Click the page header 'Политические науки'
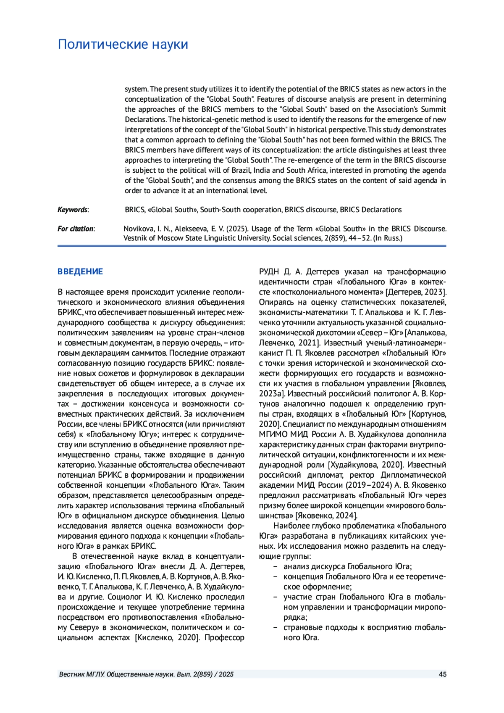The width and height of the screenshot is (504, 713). coord(123,45)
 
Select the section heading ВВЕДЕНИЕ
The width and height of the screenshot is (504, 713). coord(80,272)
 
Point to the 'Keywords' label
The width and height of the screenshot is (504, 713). coord(73,210)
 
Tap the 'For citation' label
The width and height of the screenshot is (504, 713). coord(76,229)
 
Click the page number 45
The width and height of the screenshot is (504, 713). coord(442,674)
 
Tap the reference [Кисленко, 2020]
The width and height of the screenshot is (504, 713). coord(167,637)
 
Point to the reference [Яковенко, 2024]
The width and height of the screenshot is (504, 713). coord(326,516)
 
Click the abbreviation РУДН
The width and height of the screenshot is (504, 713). coord(269,272)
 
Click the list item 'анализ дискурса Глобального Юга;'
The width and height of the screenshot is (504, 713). coord(347,566)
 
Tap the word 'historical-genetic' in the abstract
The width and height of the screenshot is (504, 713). coord(239,119)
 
